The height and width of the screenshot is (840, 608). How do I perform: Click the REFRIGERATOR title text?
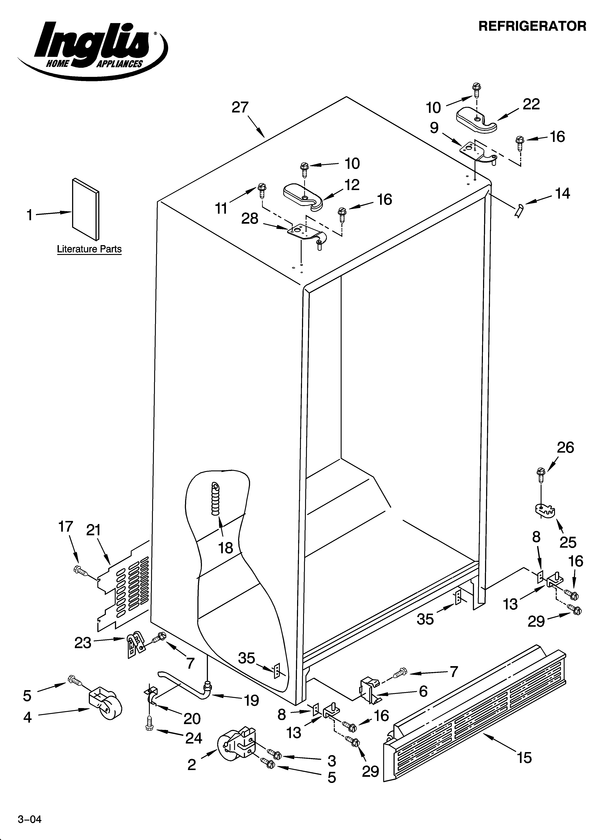click(532, 26)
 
